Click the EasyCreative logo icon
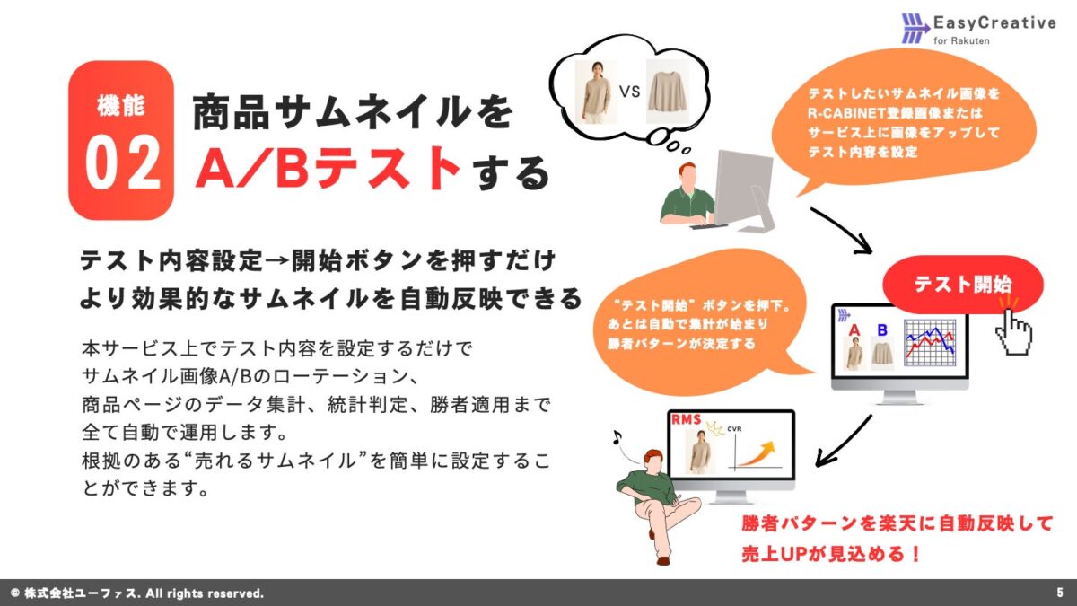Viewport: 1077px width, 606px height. [916, 28]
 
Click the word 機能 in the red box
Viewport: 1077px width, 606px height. [120, 105]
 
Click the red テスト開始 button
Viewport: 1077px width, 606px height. [962, 285]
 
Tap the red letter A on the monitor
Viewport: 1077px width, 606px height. [854, 330]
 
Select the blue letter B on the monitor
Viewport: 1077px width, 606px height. [882, 330]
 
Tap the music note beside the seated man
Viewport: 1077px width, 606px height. [618, 439]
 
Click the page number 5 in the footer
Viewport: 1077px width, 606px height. [1059, 593]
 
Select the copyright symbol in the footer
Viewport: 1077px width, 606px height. [15, 593]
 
